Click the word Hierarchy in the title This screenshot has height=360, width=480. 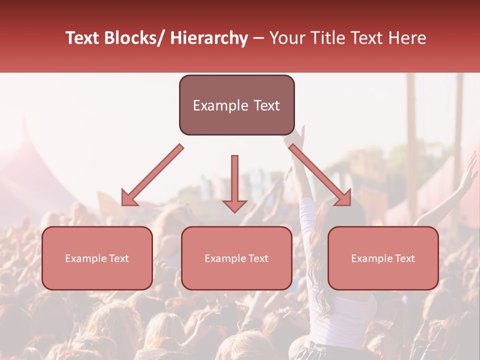click(x=209, y=38)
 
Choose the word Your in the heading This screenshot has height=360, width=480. click(x=287, y=38)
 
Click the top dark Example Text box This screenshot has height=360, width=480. click(x=236, y=105)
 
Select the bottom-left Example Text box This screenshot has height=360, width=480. click(x=97, y=258)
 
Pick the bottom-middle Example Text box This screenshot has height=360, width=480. click(x=236, y=258)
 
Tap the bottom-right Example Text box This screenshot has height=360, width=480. click(x=383, y=258)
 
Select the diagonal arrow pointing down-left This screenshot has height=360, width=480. click(x=152, y=175)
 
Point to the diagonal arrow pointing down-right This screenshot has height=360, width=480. click(x=320, y=175)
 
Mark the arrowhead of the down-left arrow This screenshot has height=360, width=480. click(x=129, y=198)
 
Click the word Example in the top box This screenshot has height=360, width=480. click(x=215, y=105)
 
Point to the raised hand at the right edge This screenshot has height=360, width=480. click(x=469, y=170)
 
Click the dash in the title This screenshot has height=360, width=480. click(x=258, y=38)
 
